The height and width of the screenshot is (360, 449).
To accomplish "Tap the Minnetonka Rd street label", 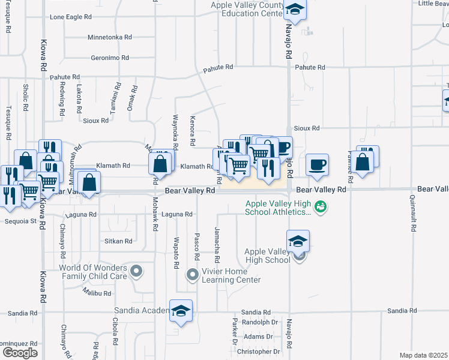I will coord(109,37).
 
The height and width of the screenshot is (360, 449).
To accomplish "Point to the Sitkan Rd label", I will coord(118,241).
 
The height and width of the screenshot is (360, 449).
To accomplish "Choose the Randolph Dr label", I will coord(260,322).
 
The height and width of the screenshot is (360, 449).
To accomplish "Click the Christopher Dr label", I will coord(259,352).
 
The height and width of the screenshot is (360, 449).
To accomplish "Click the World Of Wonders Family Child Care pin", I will coord(137,271).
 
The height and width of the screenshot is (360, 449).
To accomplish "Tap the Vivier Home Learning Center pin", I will coord(192,275).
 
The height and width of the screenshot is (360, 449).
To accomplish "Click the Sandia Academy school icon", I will coord(180,310).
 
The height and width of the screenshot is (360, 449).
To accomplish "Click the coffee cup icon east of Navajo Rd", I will coord(317,163).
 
